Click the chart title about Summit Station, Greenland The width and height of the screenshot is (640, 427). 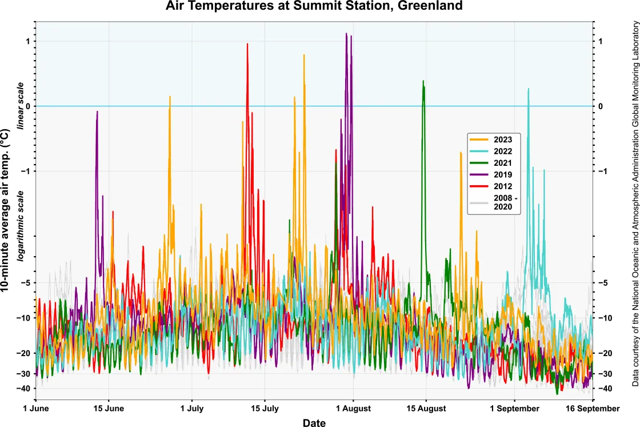[314, 6]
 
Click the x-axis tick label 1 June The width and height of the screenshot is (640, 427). [35, 409]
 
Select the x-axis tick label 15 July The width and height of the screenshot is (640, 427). [265, 409]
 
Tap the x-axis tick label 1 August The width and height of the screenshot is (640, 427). [353, 409]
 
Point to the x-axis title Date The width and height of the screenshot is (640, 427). [314, 422]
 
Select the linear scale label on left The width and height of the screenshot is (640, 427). [21, 106]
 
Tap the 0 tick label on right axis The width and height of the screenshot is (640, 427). [601, 106]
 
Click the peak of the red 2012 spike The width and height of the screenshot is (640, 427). [247, 44]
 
